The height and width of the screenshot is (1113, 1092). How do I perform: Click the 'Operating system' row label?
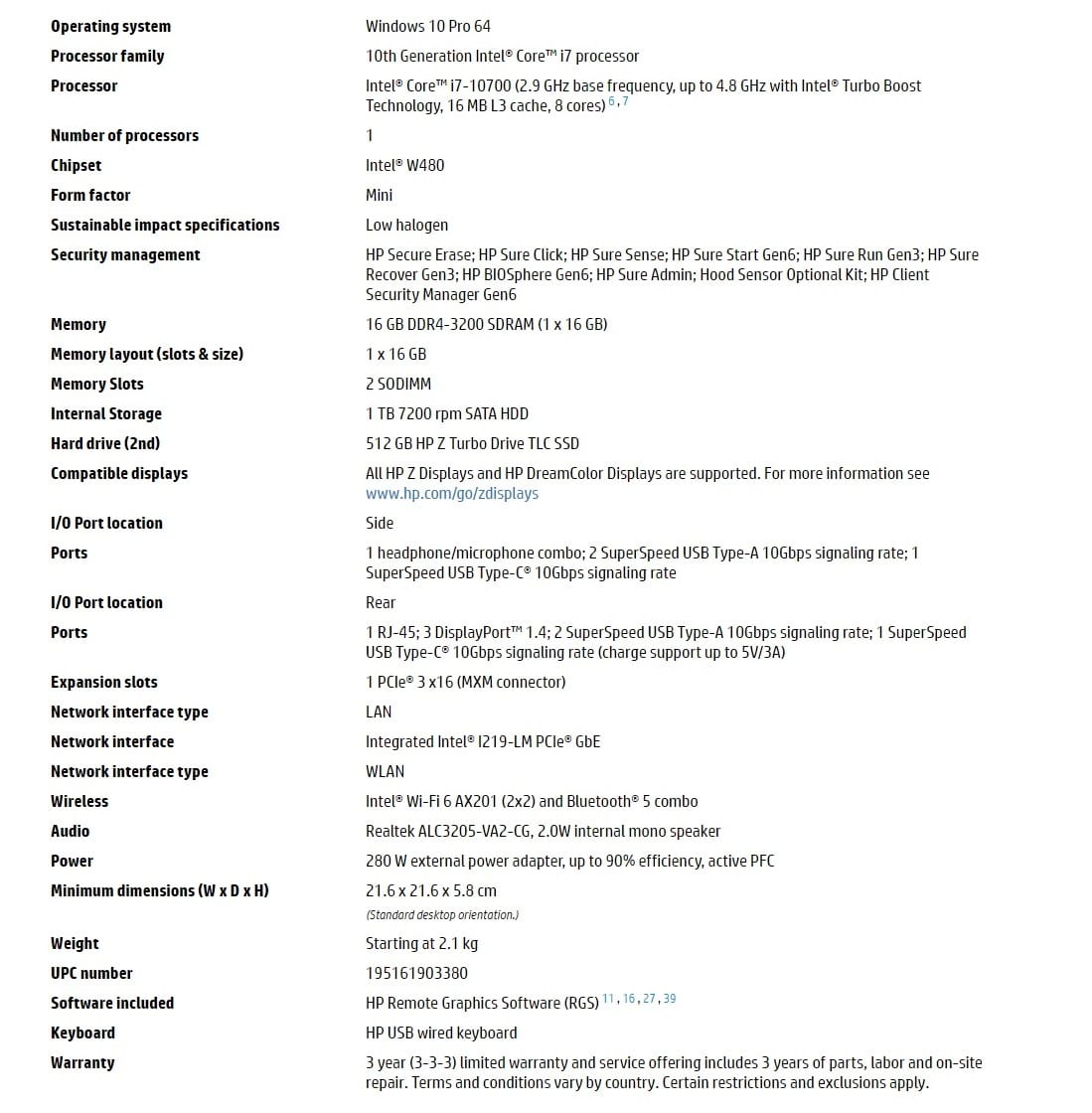coord(110,26)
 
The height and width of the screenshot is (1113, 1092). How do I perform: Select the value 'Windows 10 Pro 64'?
coord(427,26)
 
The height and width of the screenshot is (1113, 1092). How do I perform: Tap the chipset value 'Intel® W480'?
coord(404,165)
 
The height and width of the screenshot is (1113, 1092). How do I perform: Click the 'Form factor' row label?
coord(90,195)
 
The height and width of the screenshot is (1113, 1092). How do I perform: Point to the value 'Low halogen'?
coord(406,225)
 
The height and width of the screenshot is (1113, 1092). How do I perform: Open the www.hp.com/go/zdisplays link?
coord(451,493)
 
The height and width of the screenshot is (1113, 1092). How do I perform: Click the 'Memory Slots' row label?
coord(96,384)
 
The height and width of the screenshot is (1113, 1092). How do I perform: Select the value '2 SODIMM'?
coord(397,384)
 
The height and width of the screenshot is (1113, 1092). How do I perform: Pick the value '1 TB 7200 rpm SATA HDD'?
coord(446,413)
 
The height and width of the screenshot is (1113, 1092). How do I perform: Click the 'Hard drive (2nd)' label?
coord(105,443)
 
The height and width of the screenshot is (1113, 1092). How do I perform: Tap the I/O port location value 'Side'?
coord(380,523)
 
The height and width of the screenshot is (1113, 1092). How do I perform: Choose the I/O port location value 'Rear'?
coord(381,602)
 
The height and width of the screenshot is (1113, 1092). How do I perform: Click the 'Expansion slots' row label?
coord(103,682)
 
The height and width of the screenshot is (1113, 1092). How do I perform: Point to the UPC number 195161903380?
coord(416,973)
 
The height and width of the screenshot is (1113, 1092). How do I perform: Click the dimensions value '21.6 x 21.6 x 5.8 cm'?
coord(431,890)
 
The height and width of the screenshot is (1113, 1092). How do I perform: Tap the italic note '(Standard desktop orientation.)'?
coord(442,914)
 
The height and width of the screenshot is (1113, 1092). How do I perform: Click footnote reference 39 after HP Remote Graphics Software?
coord(670,999)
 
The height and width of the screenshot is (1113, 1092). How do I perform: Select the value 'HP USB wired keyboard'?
coord(441,1033)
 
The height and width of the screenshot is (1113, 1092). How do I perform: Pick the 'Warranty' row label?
coord(82,1062)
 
